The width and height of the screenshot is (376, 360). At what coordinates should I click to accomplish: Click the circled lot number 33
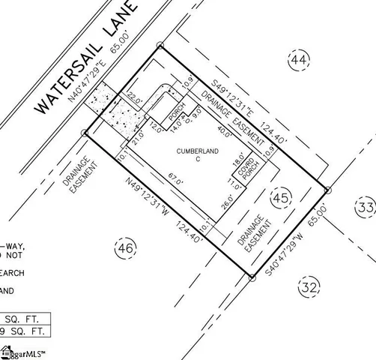[366, 208]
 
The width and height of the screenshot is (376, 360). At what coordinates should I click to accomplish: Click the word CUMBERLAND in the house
[198, 151]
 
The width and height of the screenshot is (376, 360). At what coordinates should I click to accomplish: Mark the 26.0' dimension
[225, 202]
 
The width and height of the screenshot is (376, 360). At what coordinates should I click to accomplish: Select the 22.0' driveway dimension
[135, 98]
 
